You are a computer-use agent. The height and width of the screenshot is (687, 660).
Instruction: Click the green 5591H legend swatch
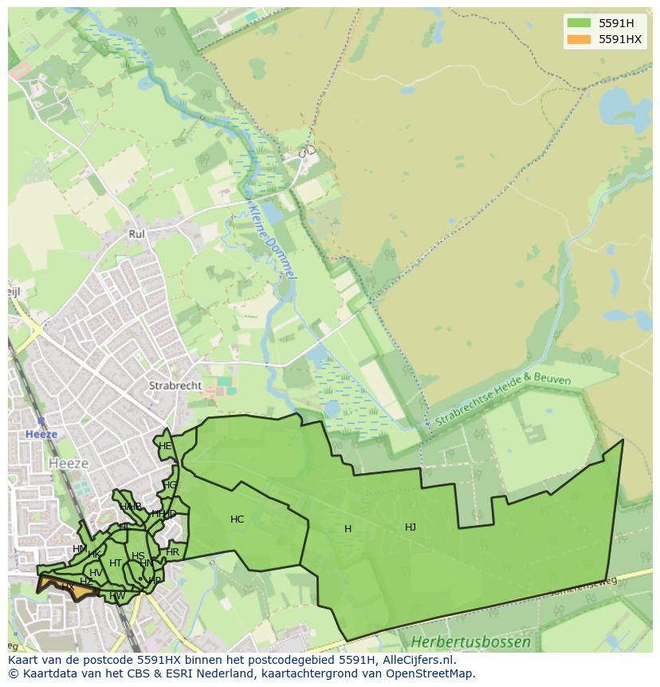tap(579, 23)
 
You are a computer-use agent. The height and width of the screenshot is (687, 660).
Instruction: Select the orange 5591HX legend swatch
tap(579, 39)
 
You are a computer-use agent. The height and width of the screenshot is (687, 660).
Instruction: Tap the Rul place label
tap(136, 234)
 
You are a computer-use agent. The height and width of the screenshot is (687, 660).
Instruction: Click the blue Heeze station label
tap(41, 434)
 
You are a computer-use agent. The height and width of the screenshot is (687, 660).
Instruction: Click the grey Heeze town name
tap(69, 463)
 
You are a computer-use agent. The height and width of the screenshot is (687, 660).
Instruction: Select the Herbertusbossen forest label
tap(470, 642)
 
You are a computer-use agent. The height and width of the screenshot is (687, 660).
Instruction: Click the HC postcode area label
tap(237, 519)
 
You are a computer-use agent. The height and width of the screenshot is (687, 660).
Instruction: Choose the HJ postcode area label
tap(411, 527)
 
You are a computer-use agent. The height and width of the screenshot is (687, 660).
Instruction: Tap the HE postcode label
tap(165, 446)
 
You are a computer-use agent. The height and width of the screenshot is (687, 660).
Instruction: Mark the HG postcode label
tap(170, 485)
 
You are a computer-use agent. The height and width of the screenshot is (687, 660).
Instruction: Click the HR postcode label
tap(172, 552)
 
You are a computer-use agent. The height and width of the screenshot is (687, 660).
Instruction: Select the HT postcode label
tap(116, 563)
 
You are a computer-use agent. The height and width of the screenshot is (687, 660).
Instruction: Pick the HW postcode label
tap(117, 595)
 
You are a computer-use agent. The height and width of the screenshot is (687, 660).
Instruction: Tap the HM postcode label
tap(80, 549)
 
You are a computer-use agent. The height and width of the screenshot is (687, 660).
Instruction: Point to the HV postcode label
tap(96, 573)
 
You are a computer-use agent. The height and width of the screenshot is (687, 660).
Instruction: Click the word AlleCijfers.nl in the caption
tap(415, 660)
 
